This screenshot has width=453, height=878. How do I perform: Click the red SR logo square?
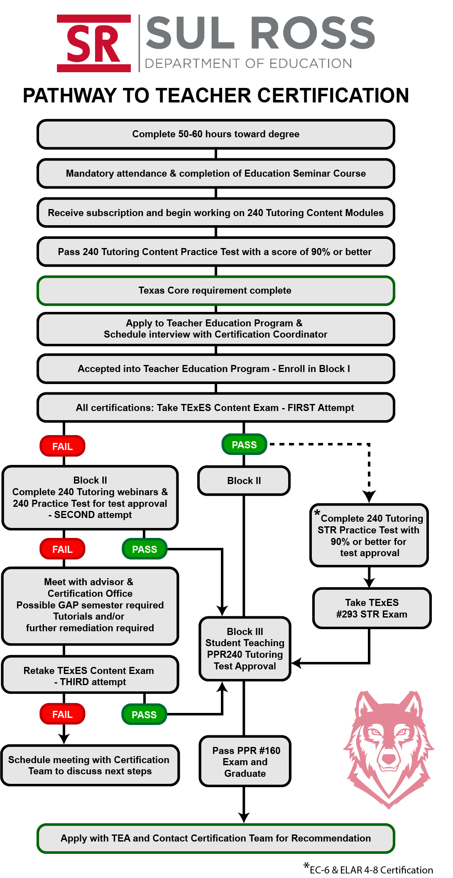94,43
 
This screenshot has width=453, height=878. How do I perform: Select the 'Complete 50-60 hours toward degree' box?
215,134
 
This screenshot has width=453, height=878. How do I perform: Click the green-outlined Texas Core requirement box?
215,290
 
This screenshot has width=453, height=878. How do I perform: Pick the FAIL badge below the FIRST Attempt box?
62,446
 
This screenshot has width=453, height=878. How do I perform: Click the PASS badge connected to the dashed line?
244,445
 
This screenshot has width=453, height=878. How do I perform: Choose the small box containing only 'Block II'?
244,481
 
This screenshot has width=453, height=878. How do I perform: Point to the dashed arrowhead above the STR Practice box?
369,496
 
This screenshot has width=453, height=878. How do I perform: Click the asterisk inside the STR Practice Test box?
317,513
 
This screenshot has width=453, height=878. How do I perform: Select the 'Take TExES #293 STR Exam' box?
372,608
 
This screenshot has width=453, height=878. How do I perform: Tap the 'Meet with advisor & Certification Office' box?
90,605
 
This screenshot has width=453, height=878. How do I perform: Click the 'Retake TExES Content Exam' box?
90,676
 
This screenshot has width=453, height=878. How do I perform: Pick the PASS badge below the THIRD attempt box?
144,715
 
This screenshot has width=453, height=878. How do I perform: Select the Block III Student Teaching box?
245,649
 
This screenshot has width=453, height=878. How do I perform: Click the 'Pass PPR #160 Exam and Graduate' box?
245,762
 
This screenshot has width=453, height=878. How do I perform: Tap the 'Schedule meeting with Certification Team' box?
90,765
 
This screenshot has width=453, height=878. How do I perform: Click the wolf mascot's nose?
389,758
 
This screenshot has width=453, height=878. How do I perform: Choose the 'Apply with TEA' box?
215,838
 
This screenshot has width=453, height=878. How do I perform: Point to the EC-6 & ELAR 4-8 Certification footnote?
371,870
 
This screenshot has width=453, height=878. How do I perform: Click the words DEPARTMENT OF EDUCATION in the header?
248,63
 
